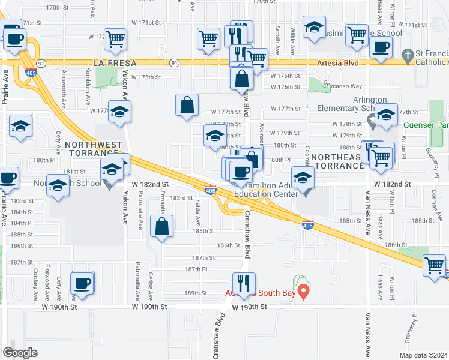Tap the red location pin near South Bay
coord(304,292)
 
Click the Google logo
coord(20,353)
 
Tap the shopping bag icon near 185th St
coord(162,227)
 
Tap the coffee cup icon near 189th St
coord(82,283)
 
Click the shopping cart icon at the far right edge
coord(434,265)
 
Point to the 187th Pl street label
coord(195,269)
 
